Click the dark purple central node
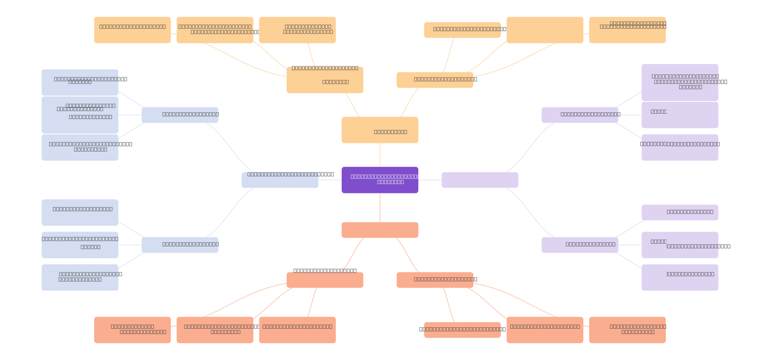[x=380, y=180]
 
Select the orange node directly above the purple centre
[x=380, y=130]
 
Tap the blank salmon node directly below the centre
[x=380, y=230]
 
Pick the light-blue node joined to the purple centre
[x=280, y=180]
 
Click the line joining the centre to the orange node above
[x=380, y=155]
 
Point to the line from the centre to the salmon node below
[x=380, y=208]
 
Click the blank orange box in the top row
[x=545, y=30]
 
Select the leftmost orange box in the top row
[x=132, y=30]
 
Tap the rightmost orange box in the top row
[x=627, y=30]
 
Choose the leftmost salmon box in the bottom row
[x=132, y=330]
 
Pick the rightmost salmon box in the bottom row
[x=627, y=330]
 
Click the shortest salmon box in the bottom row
[x=462, y=330]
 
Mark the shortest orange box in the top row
[x=462, y=30]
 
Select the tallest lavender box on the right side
[x=680, y=82]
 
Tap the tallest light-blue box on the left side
[x=80, y=115]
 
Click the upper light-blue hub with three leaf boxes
[x=180, y=115]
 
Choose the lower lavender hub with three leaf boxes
[x=580, y=245]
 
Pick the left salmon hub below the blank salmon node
[x=325, y=280]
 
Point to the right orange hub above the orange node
[x=435, y=80]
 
